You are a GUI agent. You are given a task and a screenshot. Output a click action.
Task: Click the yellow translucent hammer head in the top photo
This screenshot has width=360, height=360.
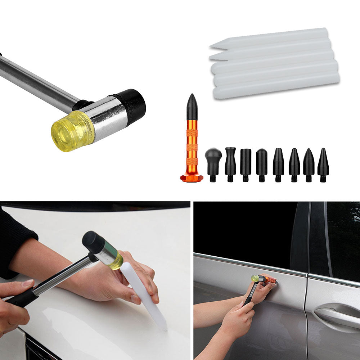[70, 130]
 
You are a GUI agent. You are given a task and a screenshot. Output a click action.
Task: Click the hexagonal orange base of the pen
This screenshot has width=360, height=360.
[192, 178]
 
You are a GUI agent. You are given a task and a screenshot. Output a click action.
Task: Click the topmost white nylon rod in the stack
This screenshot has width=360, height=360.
[270, 38]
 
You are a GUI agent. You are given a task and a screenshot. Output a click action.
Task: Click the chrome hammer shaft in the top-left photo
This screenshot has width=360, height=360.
[36, 83]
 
